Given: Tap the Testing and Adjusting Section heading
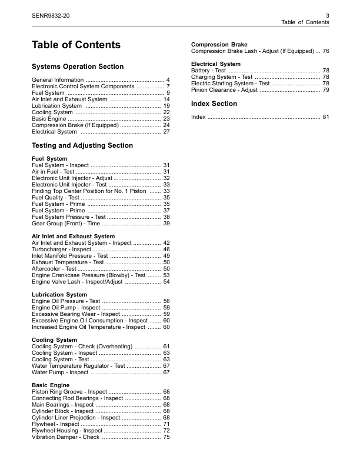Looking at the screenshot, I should [x=82, y=145].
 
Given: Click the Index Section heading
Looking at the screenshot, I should [x=214, y=104].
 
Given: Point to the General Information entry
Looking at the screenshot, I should [x=58, y=79].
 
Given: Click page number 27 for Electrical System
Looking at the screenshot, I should [x=166, y=132].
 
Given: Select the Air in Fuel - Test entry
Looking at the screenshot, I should [x=57, y=172].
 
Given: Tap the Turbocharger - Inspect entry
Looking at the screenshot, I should [x=61, y=249].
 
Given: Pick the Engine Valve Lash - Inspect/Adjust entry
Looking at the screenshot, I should [x=77, y=282].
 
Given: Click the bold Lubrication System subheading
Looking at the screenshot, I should [x=59, y=295].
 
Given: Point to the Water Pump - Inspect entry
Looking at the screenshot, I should [x=60, y=372].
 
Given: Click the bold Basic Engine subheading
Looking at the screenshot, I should [x=51, y=385].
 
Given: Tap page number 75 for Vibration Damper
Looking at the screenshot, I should [x=166, y=437].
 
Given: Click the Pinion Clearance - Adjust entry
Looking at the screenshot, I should [x=224, y=90].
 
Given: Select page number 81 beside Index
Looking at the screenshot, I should [x=325, y=117].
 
